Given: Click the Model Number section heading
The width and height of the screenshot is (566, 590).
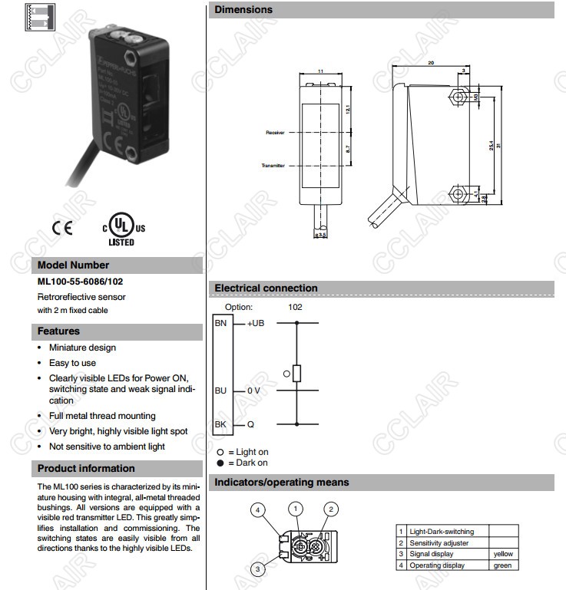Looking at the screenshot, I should point(74,265).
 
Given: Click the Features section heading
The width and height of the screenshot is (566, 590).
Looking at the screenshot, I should point(58,331).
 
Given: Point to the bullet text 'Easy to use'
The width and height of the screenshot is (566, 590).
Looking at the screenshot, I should point(72,363).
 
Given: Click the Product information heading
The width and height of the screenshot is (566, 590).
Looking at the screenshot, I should point(86,468).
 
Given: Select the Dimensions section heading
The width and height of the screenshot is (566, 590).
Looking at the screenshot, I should point(243,10).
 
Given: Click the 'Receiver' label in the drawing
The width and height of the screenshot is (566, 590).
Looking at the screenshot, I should point(275,133).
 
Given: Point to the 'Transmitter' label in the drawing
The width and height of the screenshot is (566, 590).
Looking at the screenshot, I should point(273,165).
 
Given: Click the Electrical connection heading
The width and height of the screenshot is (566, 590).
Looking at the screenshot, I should point(266,288).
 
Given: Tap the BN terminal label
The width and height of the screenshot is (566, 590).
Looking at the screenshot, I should point(220,323).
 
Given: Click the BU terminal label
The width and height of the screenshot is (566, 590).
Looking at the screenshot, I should point(220,391).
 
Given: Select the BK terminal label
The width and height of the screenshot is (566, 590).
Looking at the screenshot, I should point(220,424).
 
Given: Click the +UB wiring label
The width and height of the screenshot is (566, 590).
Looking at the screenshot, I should point(256,323).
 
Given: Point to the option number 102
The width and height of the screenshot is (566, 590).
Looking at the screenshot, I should point(295,307).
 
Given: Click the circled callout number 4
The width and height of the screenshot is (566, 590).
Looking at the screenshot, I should point(260,510).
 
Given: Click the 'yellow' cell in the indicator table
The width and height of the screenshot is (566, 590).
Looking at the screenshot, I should point(503,554).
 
